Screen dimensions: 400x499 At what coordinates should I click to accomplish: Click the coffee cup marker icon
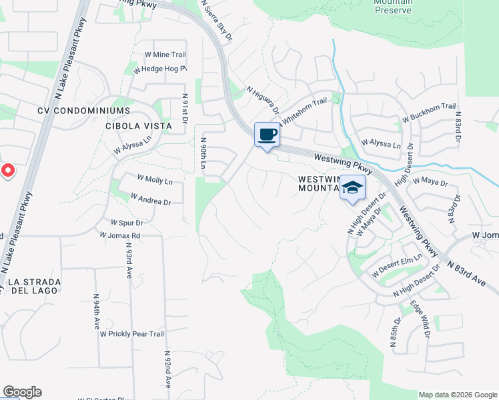coord(267,135)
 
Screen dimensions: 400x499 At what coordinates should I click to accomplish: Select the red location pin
coord(7,171)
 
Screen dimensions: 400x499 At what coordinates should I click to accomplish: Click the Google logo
coord(22,392)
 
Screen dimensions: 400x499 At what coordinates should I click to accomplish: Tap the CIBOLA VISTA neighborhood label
coord(139,125)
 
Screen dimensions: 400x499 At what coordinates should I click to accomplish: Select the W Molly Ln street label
coord(154,180)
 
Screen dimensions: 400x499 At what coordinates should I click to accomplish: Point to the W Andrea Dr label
coord(151,199)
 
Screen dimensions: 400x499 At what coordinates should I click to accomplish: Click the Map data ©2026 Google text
coord(458,395)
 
